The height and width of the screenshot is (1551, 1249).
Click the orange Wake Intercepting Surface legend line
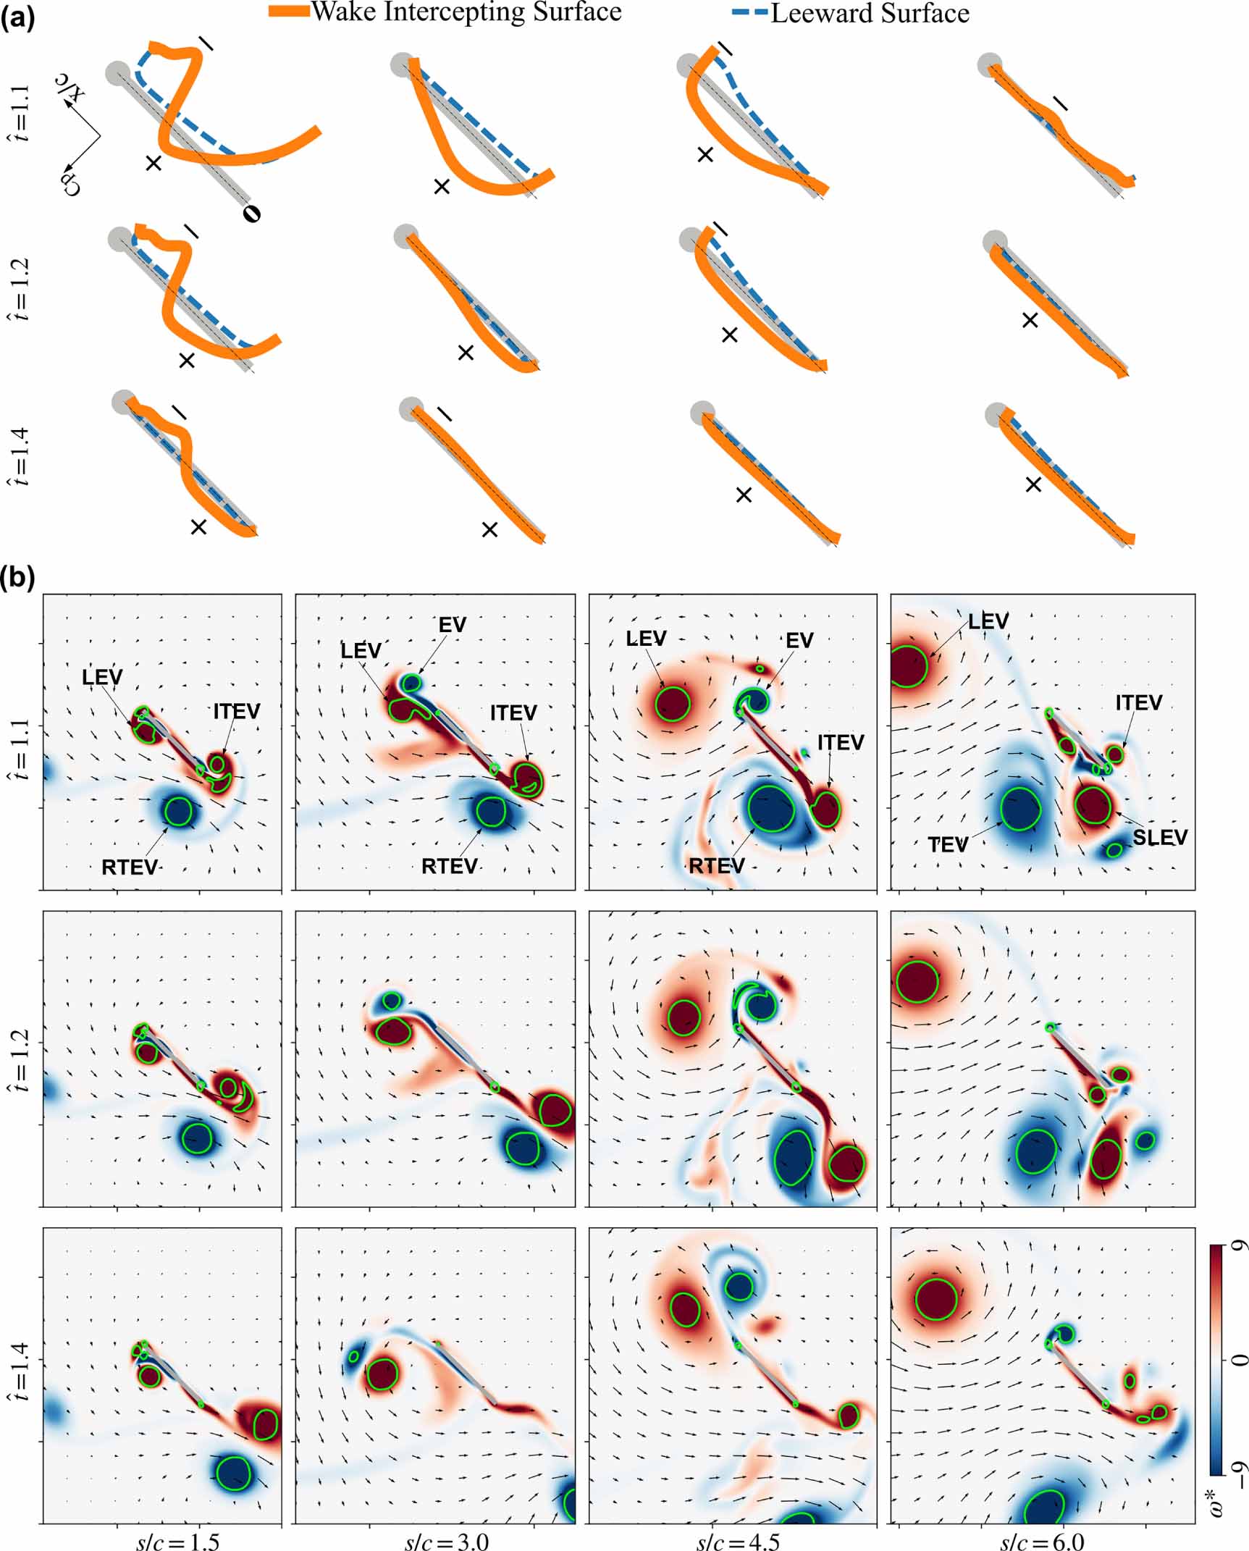289,12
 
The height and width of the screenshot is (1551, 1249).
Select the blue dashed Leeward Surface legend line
747,13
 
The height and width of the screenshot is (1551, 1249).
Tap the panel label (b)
17,579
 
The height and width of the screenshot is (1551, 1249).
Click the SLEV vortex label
1160,837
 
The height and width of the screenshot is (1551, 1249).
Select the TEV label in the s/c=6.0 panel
949,845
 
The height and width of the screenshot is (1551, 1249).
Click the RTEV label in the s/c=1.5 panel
130,867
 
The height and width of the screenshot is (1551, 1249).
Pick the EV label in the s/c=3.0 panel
453,625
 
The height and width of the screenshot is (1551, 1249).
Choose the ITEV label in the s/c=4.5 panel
841,743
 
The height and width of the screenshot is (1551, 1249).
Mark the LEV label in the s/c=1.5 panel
102,677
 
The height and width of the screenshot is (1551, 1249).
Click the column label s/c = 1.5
178,1539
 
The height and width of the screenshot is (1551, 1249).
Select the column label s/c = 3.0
447,1539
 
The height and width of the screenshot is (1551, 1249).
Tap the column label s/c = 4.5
739,1539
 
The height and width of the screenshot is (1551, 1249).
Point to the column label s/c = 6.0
1043,1539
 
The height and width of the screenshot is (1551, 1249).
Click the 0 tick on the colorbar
1240,1359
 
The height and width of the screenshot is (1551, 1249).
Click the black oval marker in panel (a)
251,213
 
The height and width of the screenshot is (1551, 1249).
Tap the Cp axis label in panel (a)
71,185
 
